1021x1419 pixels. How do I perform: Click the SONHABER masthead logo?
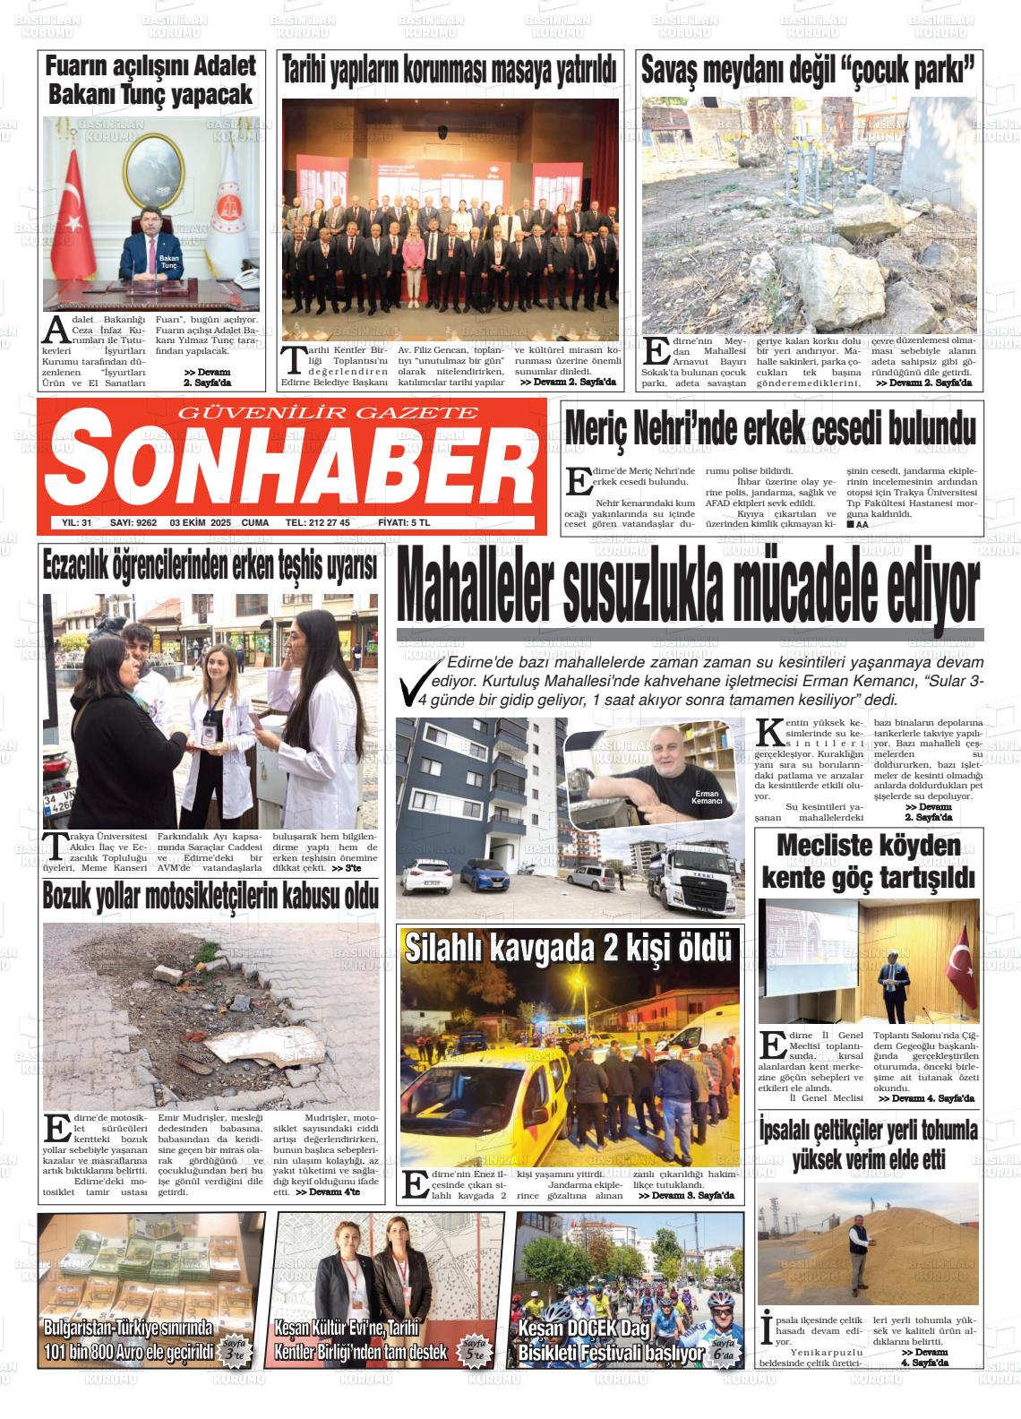tap(288, 466)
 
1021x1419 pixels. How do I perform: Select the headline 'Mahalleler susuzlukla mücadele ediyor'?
tap(689, 590)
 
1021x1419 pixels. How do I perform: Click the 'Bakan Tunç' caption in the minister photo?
tap(169, 262)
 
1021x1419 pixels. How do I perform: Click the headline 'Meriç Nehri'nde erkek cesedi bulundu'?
tap(770, 429)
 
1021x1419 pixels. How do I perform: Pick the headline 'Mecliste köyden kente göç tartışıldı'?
tap(868, 862)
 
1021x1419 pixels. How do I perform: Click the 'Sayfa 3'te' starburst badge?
tap(233, 1350)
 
